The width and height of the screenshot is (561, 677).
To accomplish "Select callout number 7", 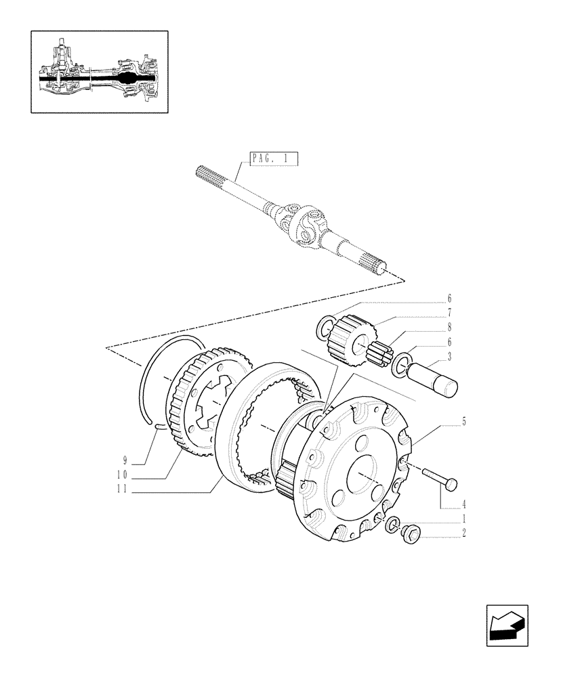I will [x=449, y=313].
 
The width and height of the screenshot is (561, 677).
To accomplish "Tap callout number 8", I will [x=449, y=328].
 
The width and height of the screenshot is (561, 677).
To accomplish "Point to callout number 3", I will [x=449, y=357].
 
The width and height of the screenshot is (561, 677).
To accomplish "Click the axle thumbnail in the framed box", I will [x=99, y=71].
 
